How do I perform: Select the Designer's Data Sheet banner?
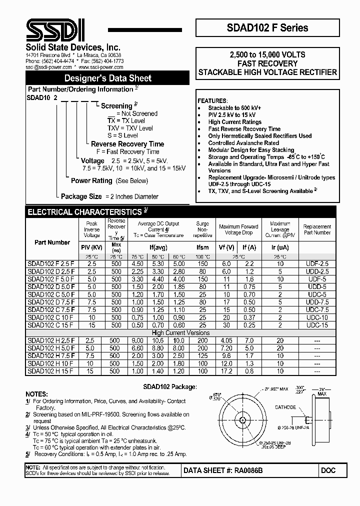coord(107,78)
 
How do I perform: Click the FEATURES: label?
coord(212,100)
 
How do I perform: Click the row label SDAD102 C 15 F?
coord(51,325)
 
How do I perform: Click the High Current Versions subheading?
coord(180,333)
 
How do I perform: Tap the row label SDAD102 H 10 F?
coord(51,363)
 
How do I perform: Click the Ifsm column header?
coord(202,247)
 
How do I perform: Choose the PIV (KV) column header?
coord(91,247)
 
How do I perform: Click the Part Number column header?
coord(52,242)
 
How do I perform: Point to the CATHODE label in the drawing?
coord(286,407)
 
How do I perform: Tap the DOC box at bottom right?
coord(328,470)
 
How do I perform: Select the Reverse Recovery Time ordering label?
coord(127,144)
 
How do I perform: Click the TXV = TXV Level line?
coord(130,128)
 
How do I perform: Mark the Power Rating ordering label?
coord(91,180)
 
